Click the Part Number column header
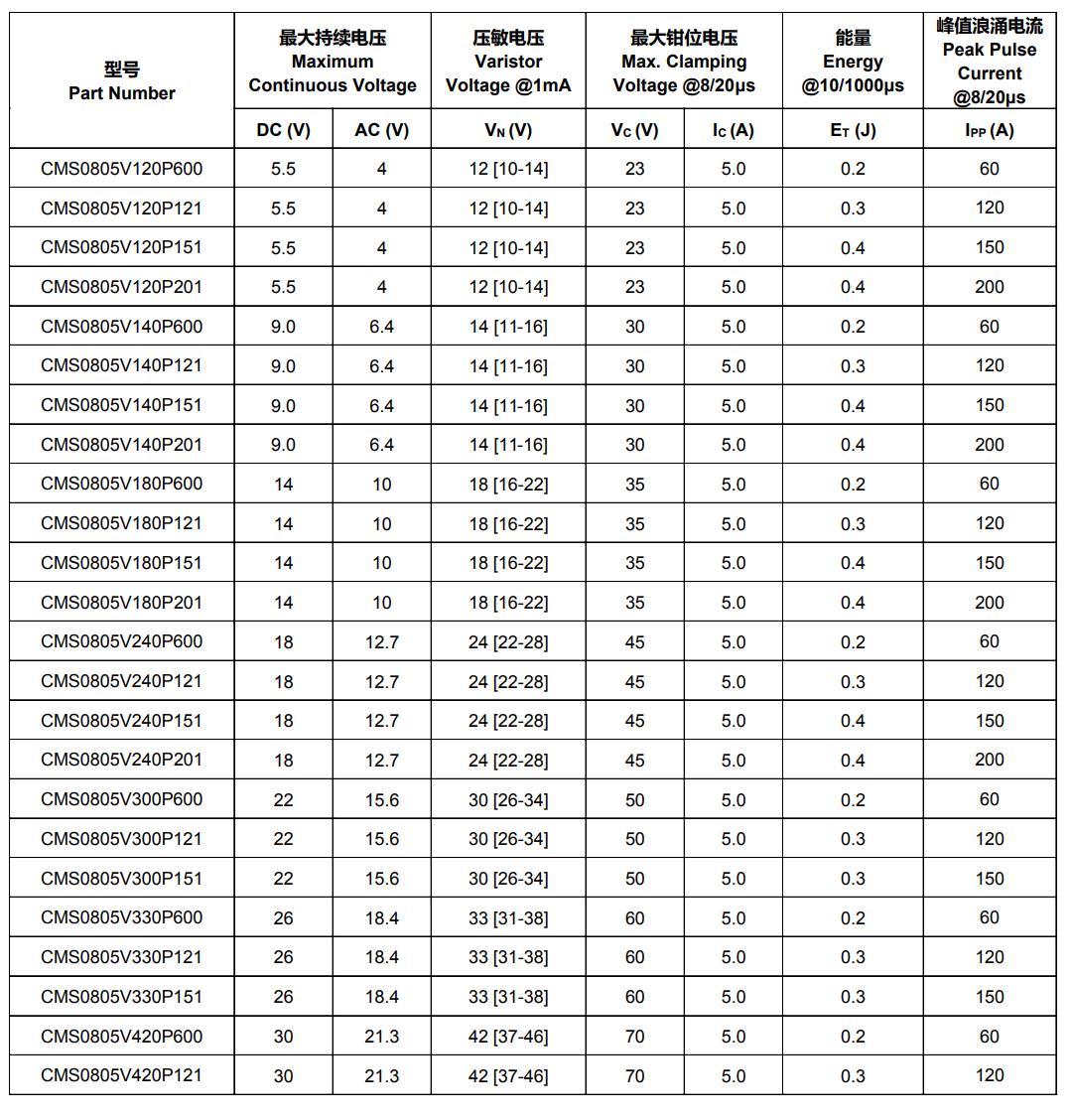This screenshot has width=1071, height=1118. pos(121,81)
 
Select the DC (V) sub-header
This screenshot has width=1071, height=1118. pos(283,130)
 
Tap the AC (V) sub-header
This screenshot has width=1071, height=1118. pos(381,130)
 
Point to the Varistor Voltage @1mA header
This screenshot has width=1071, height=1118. pos(507,62)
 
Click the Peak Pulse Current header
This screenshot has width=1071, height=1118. pos(989,62)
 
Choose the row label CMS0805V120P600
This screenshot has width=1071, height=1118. pos(121,169)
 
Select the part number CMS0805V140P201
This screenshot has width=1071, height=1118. pos(121,445)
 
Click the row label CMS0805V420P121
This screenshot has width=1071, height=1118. pos(121,1075)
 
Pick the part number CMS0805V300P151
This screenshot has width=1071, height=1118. pos(121,879)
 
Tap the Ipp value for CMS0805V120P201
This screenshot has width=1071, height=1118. pos(989,287)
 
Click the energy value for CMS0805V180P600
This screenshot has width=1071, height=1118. pos(853,485)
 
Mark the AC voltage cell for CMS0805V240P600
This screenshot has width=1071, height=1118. pos(381,642)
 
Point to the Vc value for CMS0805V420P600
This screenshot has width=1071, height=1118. pos(634,1037)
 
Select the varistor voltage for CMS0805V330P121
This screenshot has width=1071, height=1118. pos(507,957)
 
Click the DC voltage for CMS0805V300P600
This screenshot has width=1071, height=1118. pos(283,800)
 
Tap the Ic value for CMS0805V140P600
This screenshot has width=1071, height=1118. pos(733,327)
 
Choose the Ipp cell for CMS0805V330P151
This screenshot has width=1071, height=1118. pos(989,997)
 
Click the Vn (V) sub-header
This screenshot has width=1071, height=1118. pos(507,130)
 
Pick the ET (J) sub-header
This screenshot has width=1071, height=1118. pos(853,130)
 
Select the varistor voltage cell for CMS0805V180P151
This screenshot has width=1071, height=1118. pos(507,563)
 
